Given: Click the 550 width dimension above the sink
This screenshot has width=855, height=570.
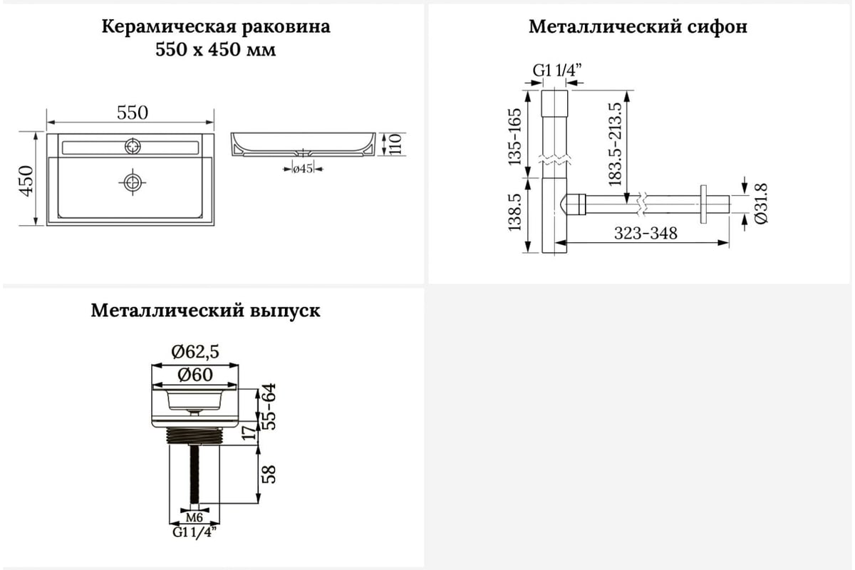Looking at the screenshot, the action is point(132,113).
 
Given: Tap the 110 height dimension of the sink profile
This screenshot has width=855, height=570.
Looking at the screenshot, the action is point(395,144).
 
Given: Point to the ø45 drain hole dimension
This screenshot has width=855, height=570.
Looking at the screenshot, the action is point(303,169).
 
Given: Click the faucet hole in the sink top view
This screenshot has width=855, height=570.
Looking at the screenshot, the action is point(133,146).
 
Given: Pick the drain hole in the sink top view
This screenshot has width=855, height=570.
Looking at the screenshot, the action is point(133,182).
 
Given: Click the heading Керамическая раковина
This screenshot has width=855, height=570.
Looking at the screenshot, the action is point(216,27).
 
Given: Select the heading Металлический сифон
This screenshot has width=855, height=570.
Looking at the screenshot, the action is point(638,27).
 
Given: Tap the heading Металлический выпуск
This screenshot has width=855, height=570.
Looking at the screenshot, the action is point(206,311).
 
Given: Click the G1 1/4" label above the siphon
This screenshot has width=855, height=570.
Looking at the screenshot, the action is point(557,71).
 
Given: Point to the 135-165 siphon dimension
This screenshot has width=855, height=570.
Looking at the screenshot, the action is point(514,137).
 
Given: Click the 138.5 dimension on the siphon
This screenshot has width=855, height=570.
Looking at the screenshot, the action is point(514,212).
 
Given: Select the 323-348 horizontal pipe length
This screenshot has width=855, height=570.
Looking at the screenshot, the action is point(646,233).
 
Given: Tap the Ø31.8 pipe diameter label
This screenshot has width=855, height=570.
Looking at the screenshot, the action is point(761,204).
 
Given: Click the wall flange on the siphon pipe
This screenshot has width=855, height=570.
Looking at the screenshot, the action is point(703,204).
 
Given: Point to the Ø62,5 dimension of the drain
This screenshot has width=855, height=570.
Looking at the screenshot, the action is point(195,352).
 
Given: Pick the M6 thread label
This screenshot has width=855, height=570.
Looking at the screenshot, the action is point(195,518).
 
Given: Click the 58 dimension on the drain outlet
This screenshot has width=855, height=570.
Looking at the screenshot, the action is point(269,475).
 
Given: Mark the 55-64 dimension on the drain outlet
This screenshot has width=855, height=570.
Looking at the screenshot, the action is point(269,407).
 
